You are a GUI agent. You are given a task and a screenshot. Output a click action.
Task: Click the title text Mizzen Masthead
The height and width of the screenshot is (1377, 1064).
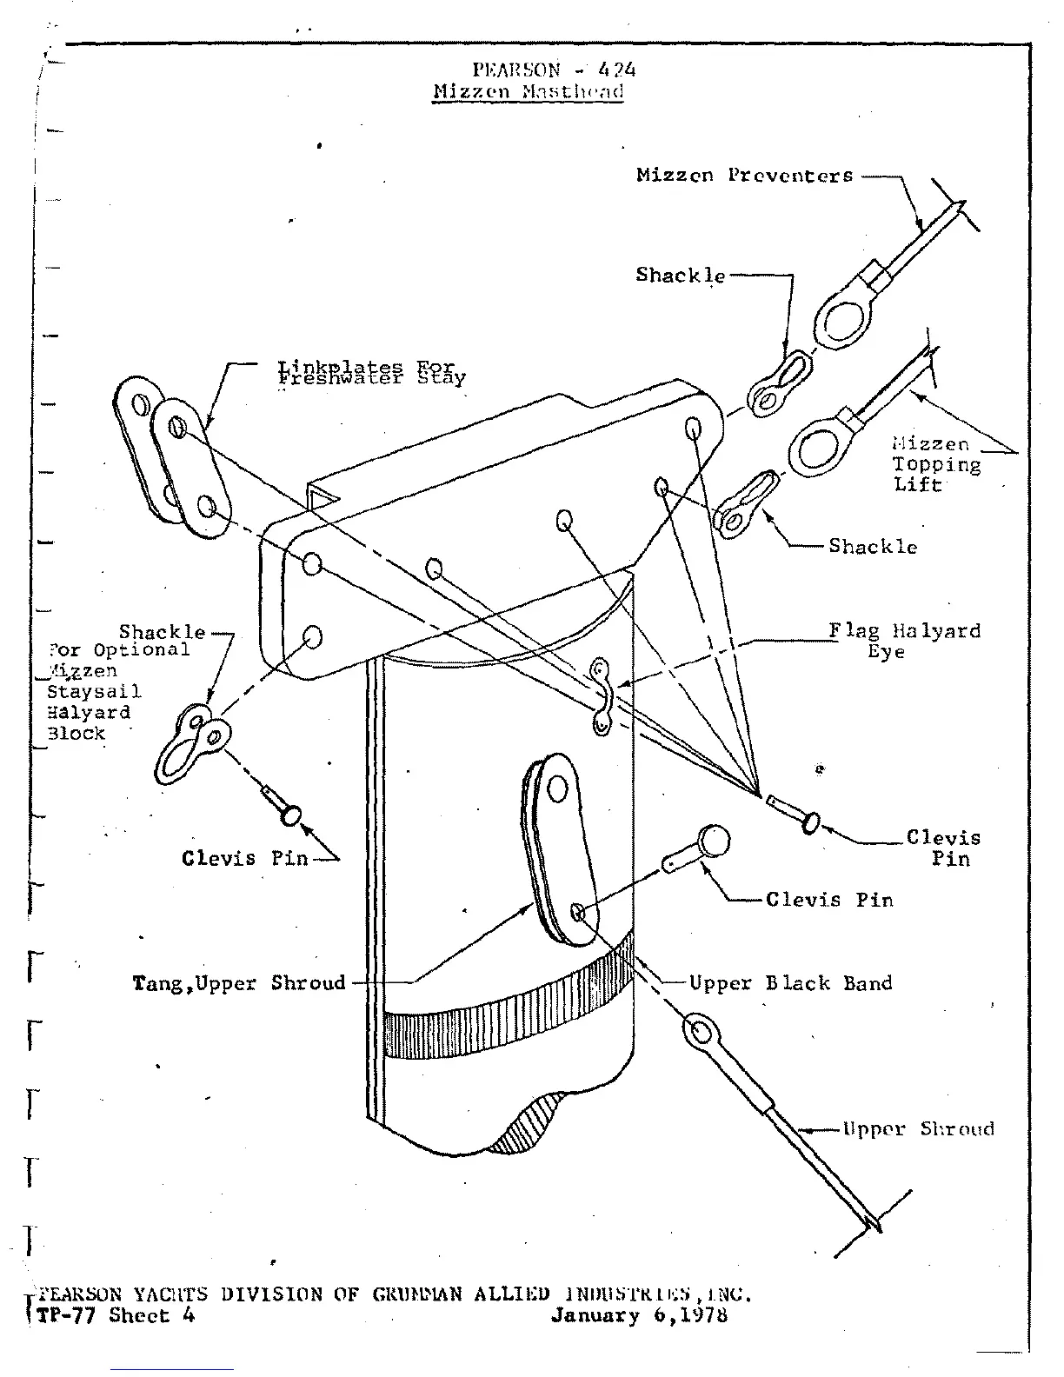(x=528, y=92)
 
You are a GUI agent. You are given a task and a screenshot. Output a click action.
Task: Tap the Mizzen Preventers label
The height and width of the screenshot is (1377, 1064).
(x=744, y=175)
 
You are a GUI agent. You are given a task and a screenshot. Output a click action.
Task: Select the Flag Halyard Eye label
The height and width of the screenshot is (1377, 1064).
(x=904, y=641)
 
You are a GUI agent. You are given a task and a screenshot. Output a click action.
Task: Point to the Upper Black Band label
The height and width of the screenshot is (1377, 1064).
(x=790, y=983)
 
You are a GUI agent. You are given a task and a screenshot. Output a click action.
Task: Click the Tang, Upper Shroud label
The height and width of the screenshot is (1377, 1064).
(x=239, y=983)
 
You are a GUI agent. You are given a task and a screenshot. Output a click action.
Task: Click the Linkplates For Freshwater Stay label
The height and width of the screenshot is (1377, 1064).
(x=371, y=373)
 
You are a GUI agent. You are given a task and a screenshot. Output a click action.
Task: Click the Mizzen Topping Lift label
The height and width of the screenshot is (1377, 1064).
(x=937, y=464)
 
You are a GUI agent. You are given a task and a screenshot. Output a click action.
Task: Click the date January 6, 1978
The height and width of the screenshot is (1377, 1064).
(x=639, y=1315)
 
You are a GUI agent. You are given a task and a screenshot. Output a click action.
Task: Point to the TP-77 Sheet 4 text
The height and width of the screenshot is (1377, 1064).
(x=116, y=1315)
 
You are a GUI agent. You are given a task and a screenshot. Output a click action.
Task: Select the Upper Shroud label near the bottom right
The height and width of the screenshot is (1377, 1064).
(x=917, y=1129)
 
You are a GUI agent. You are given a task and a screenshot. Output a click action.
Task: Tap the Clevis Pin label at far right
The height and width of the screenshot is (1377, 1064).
(x=943, y=848)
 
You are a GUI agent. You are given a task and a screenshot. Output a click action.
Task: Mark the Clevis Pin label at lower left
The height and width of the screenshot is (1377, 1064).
(x=244, y=858)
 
